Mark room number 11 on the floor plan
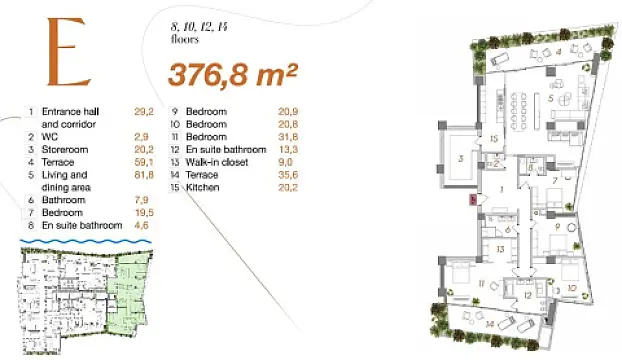click(453, 283)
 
